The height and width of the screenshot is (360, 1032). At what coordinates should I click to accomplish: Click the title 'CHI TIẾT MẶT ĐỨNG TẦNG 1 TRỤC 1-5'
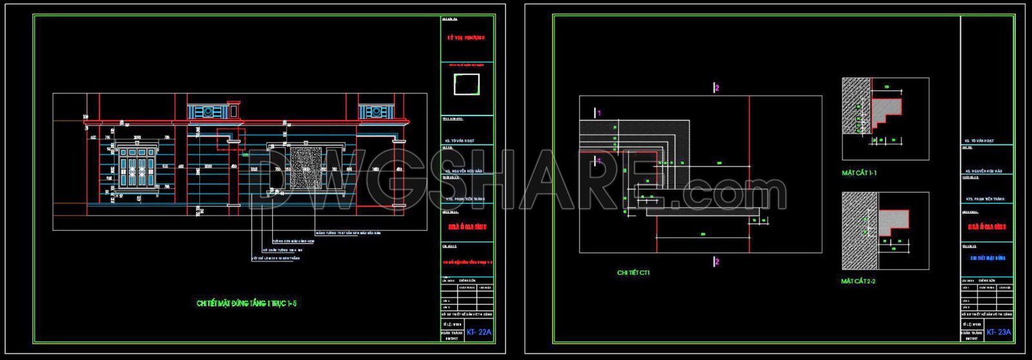pos(247,303)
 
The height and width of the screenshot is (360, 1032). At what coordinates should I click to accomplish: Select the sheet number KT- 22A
pos(479,332)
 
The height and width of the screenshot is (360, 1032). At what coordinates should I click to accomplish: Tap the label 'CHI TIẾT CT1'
pos(633,273)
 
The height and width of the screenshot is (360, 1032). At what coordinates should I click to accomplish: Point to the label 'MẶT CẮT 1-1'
pos(859,173)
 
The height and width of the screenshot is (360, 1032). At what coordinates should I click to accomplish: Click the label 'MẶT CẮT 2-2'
pos(858,281)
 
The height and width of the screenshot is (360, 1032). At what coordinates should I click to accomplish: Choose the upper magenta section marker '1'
pos(598,113)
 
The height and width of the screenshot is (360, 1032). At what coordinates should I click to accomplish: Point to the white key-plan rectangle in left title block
pos(467,84)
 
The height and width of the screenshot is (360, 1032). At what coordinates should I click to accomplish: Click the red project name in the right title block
pos(987,227)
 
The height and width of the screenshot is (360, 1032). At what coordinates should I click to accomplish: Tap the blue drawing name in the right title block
pos(987,258)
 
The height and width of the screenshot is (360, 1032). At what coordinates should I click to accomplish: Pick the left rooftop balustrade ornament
pos(209,111)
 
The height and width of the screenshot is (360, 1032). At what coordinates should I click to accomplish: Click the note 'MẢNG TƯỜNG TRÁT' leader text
pos(348,232)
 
